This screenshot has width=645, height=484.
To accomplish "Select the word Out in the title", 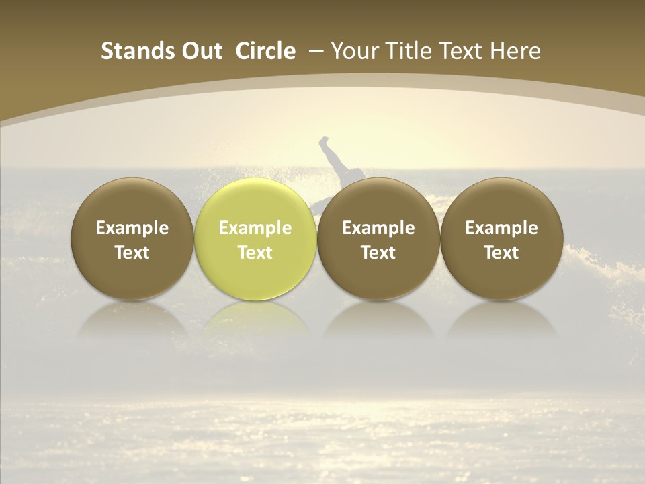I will tap(200, 51).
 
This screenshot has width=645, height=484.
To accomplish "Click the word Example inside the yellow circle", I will tap(255, 228).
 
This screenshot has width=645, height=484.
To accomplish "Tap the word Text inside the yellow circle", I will tap(255, 253).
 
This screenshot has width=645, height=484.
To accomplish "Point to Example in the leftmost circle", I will tap(132, 228).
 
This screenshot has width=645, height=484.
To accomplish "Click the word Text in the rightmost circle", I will tap(501, 253).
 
